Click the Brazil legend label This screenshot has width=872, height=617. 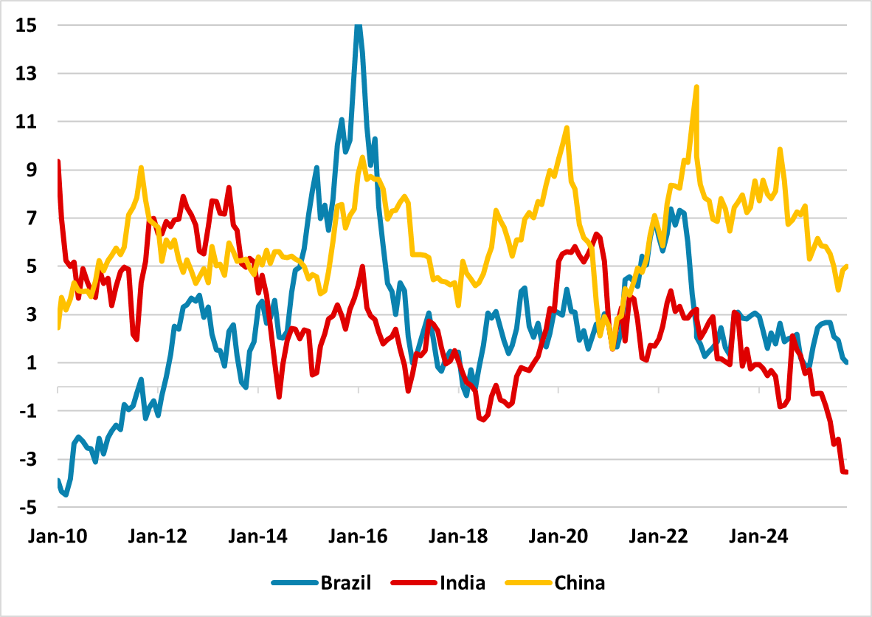pyautogui.click(x=345, y=583)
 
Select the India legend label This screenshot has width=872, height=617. pyautogui.click(x=463, y=583)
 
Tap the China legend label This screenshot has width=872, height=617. pyautogui.click(x=579, y=583)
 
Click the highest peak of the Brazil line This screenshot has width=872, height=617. pyautogui.click(x=358, y=26)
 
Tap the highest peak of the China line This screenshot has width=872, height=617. pyautogui.click(x=696, y=87)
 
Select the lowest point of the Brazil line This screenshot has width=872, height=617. pyautogui.click(x=66, y=494)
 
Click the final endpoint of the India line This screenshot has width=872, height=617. pyautogui.click(x=846, y=472)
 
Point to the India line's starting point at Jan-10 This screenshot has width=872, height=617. pyautogui.click(x=58, y=162)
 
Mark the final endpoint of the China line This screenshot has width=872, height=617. pyautogui.click(x=846, y=266)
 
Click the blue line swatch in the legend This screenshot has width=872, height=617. pyautogui.click(x=294, y=583)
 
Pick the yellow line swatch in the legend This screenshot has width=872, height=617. pyautogui.click(x=528, y=583)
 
